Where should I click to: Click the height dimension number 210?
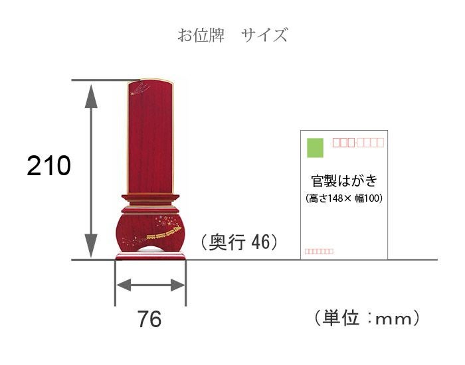click(49, 165)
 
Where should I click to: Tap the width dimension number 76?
click(149, 319)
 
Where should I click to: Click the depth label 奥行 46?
click(239, 242)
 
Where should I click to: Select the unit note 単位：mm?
click(367, 318)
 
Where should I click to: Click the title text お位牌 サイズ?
click(232, 35)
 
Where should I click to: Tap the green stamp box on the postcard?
click(315, 147)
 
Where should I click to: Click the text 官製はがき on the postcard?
click(344, 181)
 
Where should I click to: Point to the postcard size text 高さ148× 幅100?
click(344, 198)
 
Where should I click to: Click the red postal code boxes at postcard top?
click(358, 143)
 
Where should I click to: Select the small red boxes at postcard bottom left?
click(319, 252)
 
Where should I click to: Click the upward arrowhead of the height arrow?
click(91, 96)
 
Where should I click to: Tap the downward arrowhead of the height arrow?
click(91, 246)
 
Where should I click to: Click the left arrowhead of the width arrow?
click(124, 285)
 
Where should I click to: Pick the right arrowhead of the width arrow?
click(177, 285)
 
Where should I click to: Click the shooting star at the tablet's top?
click(140, 89)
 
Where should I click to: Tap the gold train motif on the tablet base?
click(164, 233)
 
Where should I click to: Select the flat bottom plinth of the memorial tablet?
click(150, 256)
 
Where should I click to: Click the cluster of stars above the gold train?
click(165, 221)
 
